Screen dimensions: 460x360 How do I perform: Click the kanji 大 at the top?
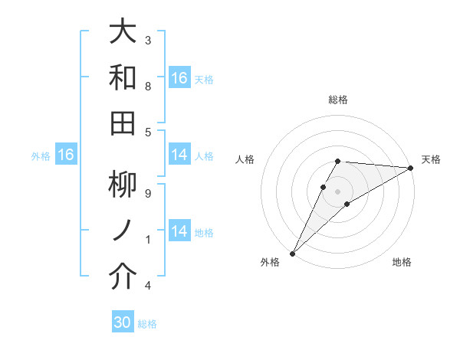click(x=123, y=32)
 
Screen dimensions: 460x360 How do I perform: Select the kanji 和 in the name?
click(x=123, y=77)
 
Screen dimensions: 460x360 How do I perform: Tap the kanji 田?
click(x=123, y=123)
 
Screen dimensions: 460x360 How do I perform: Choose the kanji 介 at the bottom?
click(x=123, y=277)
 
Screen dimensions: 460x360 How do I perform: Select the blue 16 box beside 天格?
click(x=179, y=78)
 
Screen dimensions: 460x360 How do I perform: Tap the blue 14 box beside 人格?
click(x=179, y=155)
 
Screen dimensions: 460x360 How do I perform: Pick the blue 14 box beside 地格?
click(x=179, y=231)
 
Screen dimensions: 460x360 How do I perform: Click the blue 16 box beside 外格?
click(x=66, y=155)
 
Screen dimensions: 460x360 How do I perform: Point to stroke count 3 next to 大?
click(x=147, y=40)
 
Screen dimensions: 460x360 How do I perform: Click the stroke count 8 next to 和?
click(x=147, y=86)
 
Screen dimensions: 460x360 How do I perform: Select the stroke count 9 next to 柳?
click(x=147, y=194)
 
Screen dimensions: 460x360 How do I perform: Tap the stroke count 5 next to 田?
click(x=147, y=132)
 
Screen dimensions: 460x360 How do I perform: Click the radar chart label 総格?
click(x=338, y=100)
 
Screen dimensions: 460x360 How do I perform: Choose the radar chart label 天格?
click(x=431, y=159)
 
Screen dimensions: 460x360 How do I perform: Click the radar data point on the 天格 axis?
click(x=411, y=167)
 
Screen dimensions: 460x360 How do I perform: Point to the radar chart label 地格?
click(x=402, y=262)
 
